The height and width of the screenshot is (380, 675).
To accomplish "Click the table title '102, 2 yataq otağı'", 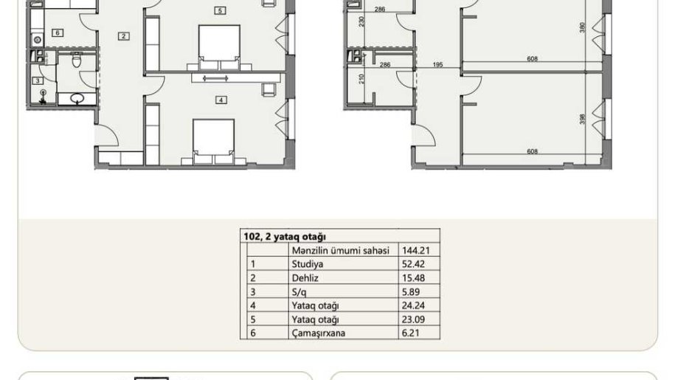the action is click(x=285, y=237).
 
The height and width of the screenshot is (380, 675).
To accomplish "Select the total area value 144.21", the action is click(x=415, y=250).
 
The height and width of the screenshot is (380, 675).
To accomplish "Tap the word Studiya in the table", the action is click(x=308, y=264).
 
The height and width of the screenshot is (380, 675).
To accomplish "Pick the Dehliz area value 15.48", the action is click(x=413, y=278).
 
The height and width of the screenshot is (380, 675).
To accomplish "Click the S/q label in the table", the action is click(x=300, y=291).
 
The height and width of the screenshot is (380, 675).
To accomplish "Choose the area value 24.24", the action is click(x=413, y=305).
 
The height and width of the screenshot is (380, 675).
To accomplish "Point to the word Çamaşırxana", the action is click(x=319, y=333).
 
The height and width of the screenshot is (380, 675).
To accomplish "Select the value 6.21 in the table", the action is click(x=411, y=333).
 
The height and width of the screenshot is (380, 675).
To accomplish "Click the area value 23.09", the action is click(x=413, y=319).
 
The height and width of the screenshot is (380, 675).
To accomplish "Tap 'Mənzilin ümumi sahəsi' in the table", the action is click(x=341, y=250).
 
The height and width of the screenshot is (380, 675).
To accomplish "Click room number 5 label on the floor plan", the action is click(x=220, y=11).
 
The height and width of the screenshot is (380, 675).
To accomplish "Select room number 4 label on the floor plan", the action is click(x=221, y=100).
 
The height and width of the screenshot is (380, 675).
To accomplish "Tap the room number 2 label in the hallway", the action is click(x=123, y=36).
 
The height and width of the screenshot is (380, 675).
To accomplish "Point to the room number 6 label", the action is click(x=58, y=32).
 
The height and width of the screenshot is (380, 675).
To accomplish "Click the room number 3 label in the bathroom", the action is click(x=38, y=80).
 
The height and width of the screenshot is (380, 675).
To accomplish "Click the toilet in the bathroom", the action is click(x=77, y=60).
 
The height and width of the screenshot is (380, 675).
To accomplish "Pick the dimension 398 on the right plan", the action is click(x=583, y=120).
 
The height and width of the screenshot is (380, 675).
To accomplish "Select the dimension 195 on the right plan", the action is click(x=437, y=65).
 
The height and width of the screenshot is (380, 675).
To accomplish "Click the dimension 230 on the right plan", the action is click(x=361, y=21).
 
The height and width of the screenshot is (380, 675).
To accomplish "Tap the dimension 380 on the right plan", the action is click(x=583, y=27).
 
